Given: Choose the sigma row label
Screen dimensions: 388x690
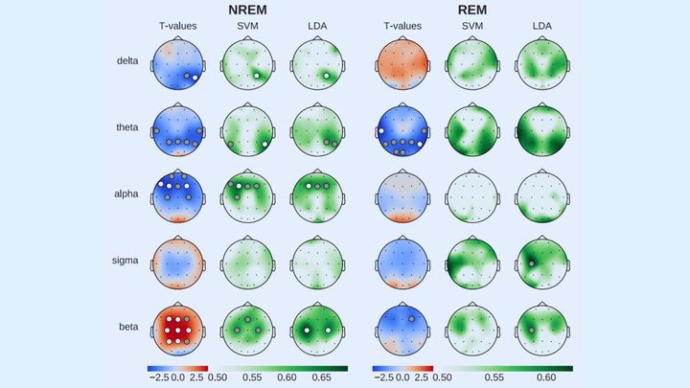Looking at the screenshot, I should click(126, 260).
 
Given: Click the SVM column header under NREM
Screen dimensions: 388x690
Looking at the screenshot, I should click(247, 26).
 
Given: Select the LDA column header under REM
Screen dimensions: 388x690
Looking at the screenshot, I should click(542, 26).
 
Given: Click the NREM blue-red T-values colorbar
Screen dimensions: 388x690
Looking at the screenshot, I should click(176, 367).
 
